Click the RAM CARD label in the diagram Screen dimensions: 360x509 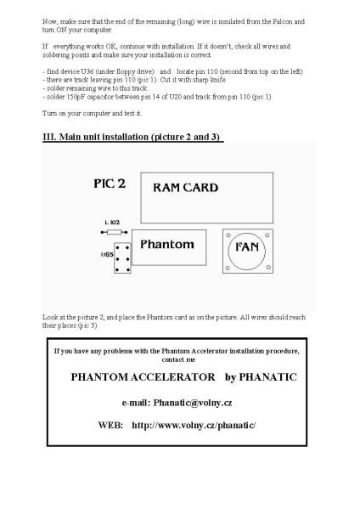pyautogui.click(x=185, y=187)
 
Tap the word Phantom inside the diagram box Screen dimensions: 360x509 pyautogui.click(x=166, y=245)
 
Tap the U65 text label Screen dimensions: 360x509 pyautogui.click(x=108, y=253)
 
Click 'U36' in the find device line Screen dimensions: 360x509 pyautogui.click(x=87, y=70)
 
